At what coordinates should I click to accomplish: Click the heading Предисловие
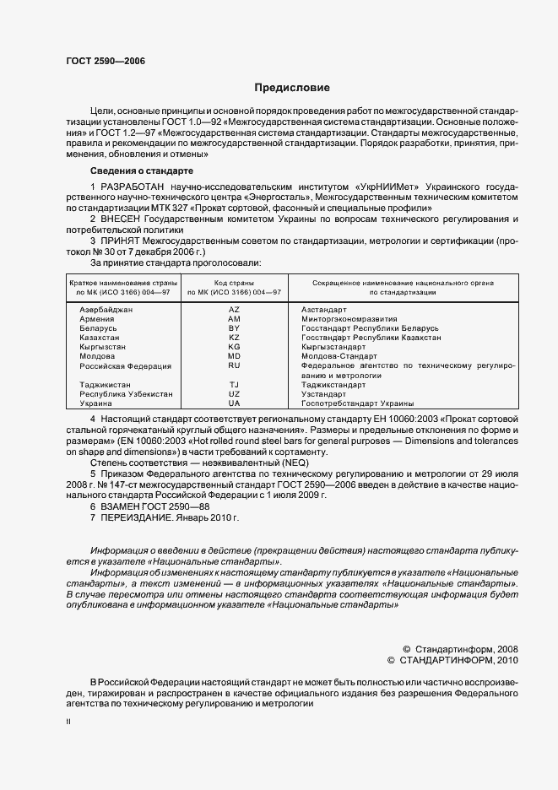[291, 88]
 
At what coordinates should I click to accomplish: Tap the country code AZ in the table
[234, 310]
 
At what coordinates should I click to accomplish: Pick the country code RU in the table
[234, 365]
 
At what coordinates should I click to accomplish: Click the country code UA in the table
[234, 404]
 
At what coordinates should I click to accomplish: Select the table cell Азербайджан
[106, 310]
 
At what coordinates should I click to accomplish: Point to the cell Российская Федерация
[125, 365]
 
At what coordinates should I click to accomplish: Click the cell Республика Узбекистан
[126, 394]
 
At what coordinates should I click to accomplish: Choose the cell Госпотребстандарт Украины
[357, 404]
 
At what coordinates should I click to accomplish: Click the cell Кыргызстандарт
[333, 347]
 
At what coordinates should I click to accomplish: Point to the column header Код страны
[234, 283]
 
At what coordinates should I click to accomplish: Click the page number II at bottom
[69, 722]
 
